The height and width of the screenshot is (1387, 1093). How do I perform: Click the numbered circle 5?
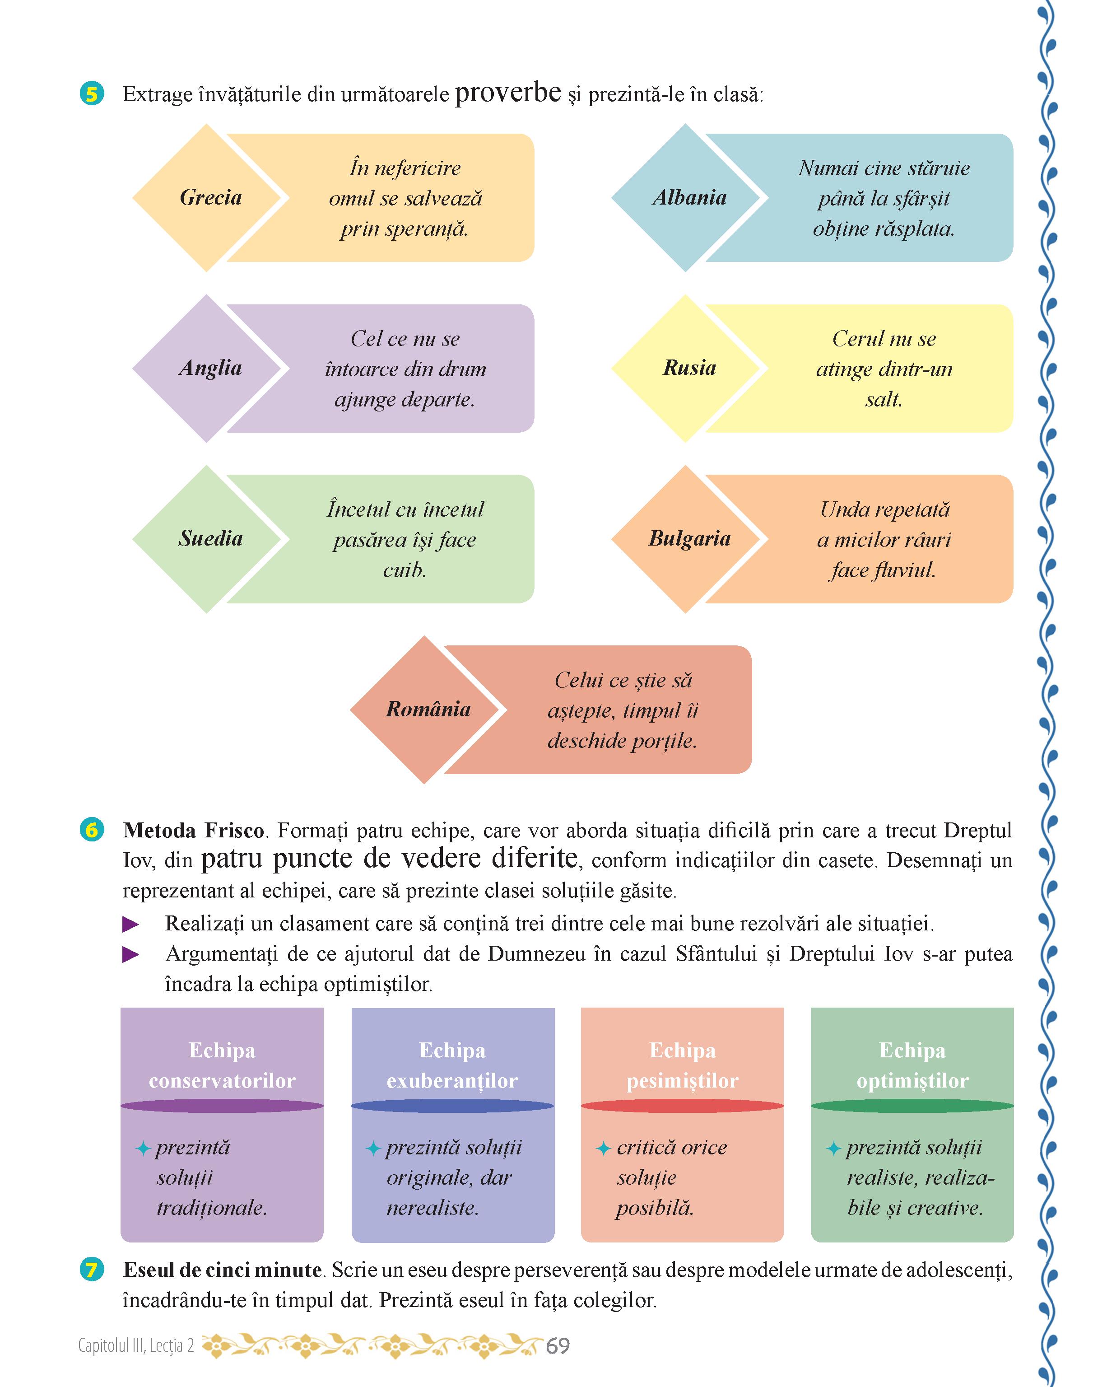coord(92,94)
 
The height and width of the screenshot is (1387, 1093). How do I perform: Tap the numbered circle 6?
coord(92,830)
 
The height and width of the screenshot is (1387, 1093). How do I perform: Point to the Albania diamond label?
coord(689,197)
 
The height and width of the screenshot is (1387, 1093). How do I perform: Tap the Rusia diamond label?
coord(689,368)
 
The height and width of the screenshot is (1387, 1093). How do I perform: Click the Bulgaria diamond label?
coord(689,538)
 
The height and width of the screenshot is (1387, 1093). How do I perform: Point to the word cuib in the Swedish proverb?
coord(405,570)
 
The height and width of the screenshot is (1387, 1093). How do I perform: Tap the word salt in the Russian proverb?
coord(883,399)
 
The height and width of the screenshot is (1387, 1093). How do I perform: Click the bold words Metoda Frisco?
coord(193,830)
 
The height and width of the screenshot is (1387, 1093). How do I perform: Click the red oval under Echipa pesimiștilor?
coord(682,1106)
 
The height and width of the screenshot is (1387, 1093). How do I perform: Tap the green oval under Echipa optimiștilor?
coord(912,1106)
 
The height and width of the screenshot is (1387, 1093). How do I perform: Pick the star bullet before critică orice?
coord(603,1149)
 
